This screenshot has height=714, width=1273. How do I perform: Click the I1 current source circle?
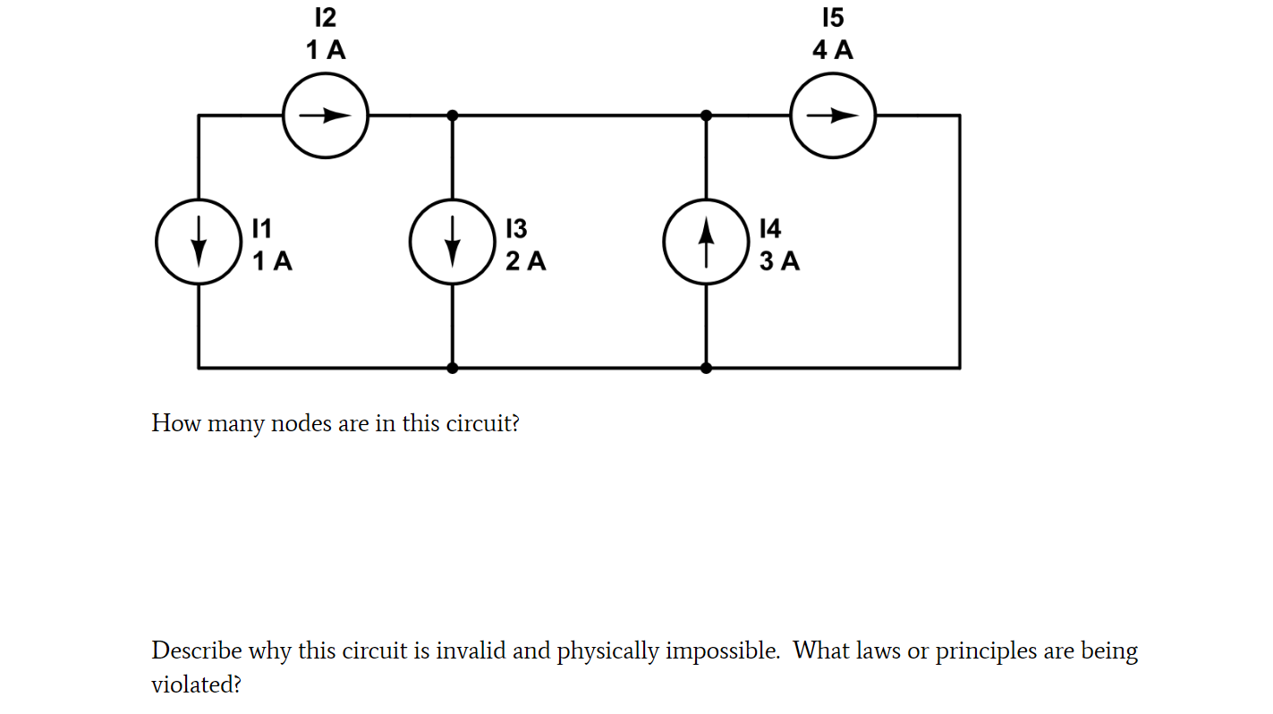pos(199,242)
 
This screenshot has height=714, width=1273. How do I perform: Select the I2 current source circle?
pos(326,115)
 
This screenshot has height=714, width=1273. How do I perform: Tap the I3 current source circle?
pos(453,242)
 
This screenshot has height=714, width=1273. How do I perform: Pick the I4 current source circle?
pos(706,242)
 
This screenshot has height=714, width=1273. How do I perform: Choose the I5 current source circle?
pos(833,115)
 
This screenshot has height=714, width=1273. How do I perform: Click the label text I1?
pos(261,229)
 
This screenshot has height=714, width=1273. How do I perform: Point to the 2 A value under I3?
pos(525,261)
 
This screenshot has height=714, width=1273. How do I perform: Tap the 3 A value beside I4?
pos(779,261)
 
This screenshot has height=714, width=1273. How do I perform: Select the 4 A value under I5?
pos(833,50)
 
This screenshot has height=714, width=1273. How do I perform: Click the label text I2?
pos(326,18)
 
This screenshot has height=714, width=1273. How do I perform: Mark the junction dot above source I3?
pos(453,115)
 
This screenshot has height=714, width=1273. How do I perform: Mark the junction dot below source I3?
pos(453,367)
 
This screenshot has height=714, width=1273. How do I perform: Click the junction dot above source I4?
pos(706,115)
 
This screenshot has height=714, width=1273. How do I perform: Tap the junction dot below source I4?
pos(706,367)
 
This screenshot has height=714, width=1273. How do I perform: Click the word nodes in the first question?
pos(301,423)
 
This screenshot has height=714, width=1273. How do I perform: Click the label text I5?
pos(833,18)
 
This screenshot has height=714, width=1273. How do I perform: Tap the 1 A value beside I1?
pos(272,261)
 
